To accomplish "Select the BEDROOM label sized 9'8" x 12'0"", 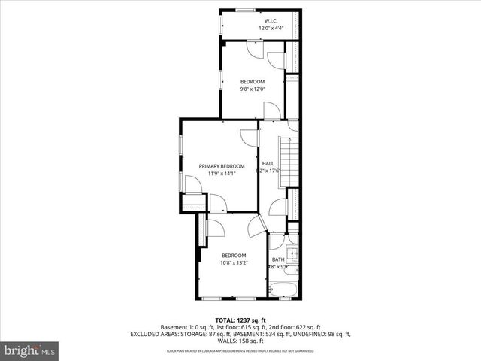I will [253, 81].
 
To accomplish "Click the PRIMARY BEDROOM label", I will [222, 165].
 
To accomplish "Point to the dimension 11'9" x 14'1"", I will [222, 174].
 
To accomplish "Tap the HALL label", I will [268, 163].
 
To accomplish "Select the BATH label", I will [278, 259].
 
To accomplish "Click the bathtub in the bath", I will [284, 289].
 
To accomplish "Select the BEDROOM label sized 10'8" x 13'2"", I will [233, 255].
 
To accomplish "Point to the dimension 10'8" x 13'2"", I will [233, 263].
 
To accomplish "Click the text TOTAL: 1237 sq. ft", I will [240, 320].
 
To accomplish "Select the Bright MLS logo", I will [30, 350].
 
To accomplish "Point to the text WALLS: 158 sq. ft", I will [240, 341].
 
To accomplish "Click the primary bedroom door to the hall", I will [248, 138].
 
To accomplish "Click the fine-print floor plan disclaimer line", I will [240, 350].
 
